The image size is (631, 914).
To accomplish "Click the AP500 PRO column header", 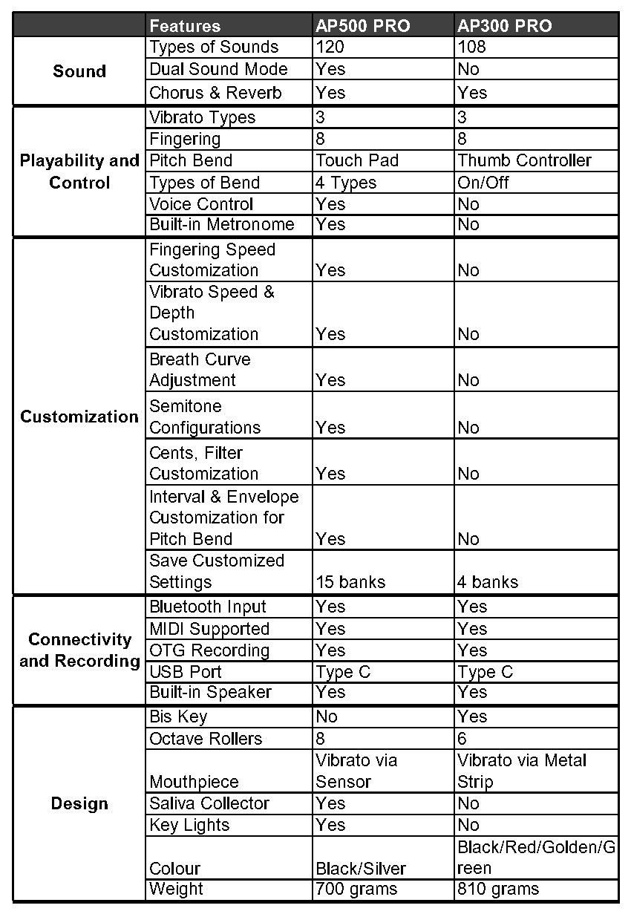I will (x=362, y=26).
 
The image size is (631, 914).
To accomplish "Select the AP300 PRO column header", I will (x=505, y=26).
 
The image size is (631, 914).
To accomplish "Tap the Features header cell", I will (x=185, y=26).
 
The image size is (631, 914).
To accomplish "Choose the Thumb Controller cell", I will (x=524, y=160).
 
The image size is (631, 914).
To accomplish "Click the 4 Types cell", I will (x=346, y=183).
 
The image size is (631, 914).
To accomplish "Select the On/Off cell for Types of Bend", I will (x=483, y=183).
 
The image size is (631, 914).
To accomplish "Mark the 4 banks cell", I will (x=488, y=582).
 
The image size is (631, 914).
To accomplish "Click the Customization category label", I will (x=79, y=417).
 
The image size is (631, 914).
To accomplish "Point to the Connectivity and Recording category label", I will (x=79, y=650).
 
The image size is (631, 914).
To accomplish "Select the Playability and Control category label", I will (x=79, y=172).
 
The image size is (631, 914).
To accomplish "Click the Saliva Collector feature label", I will (x=209, y=803).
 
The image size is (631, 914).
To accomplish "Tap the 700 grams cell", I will (x=356, y=889).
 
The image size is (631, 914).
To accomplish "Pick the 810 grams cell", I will (x=498, y=889).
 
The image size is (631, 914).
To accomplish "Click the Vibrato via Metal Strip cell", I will (x=522, y=771).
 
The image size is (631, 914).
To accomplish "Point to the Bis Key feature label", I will (x=178, y=716).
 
